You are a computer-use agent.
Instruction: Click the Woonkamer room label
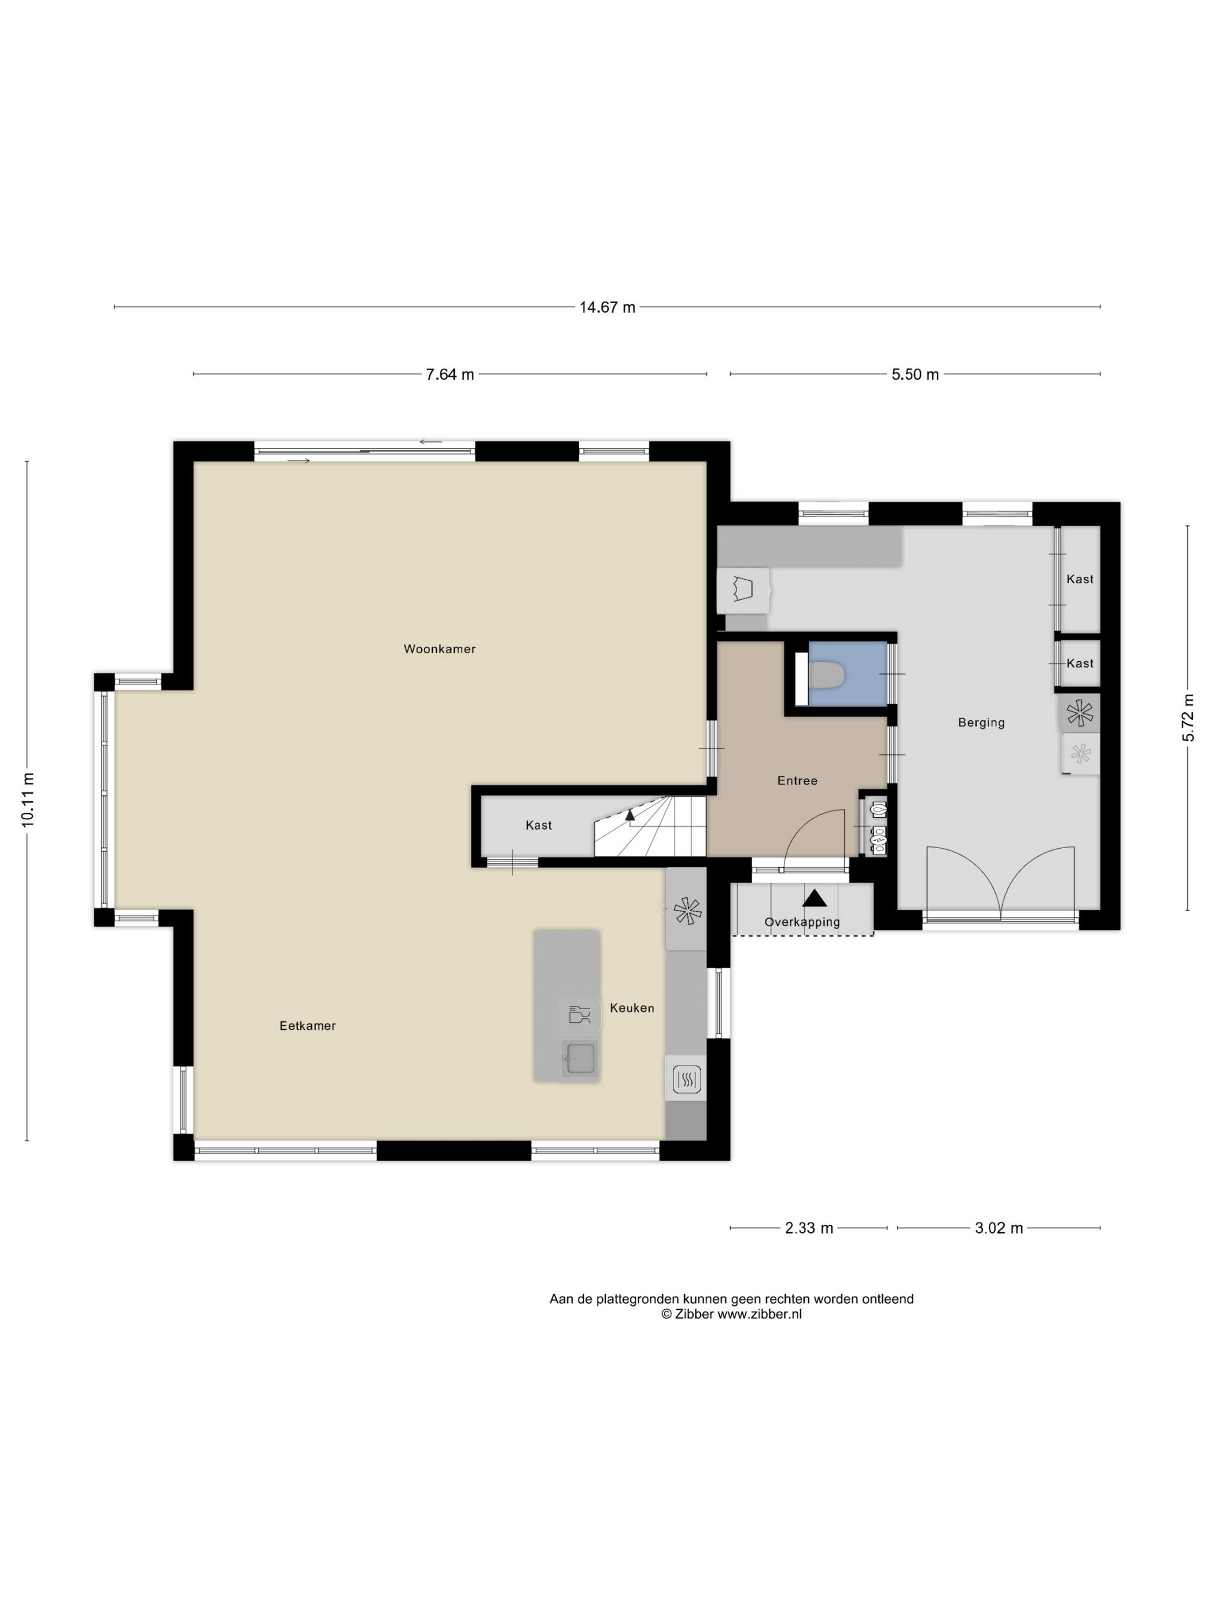click(x=439, y=649)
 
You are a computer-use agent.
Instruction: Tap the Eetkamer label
click(x=308, y=1026)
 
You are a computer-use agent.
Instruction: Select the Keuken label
click(x=632, y=1008)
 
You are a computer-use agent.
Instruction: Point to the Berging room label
click(x=981, y=723)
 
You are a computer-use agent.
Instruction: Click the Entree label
click(x=797, y=780)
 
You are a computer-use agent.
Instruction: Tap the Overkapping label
click(x=802, y=922)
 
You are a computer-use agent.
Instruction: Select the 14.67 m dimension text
click(x=607, y=308)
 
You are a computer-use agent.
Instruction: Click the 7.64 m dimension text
click(x=450, y=375)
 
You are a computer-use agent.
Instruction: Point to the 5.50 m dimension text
click(x=915, y=375)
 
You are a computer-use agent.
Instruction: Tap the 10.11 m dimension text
click(x=28, y=800)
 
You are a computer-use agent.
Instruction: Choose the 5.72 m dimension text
click(x=1188, y=718)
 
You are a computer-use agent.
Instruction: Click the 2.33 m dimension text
click(x=808, y=1228)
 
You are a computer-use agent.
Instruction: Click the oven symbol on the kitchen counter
click(x=687, y=1079)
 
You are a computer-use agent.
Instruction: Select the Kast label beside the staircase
click(x=538, y=826)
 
